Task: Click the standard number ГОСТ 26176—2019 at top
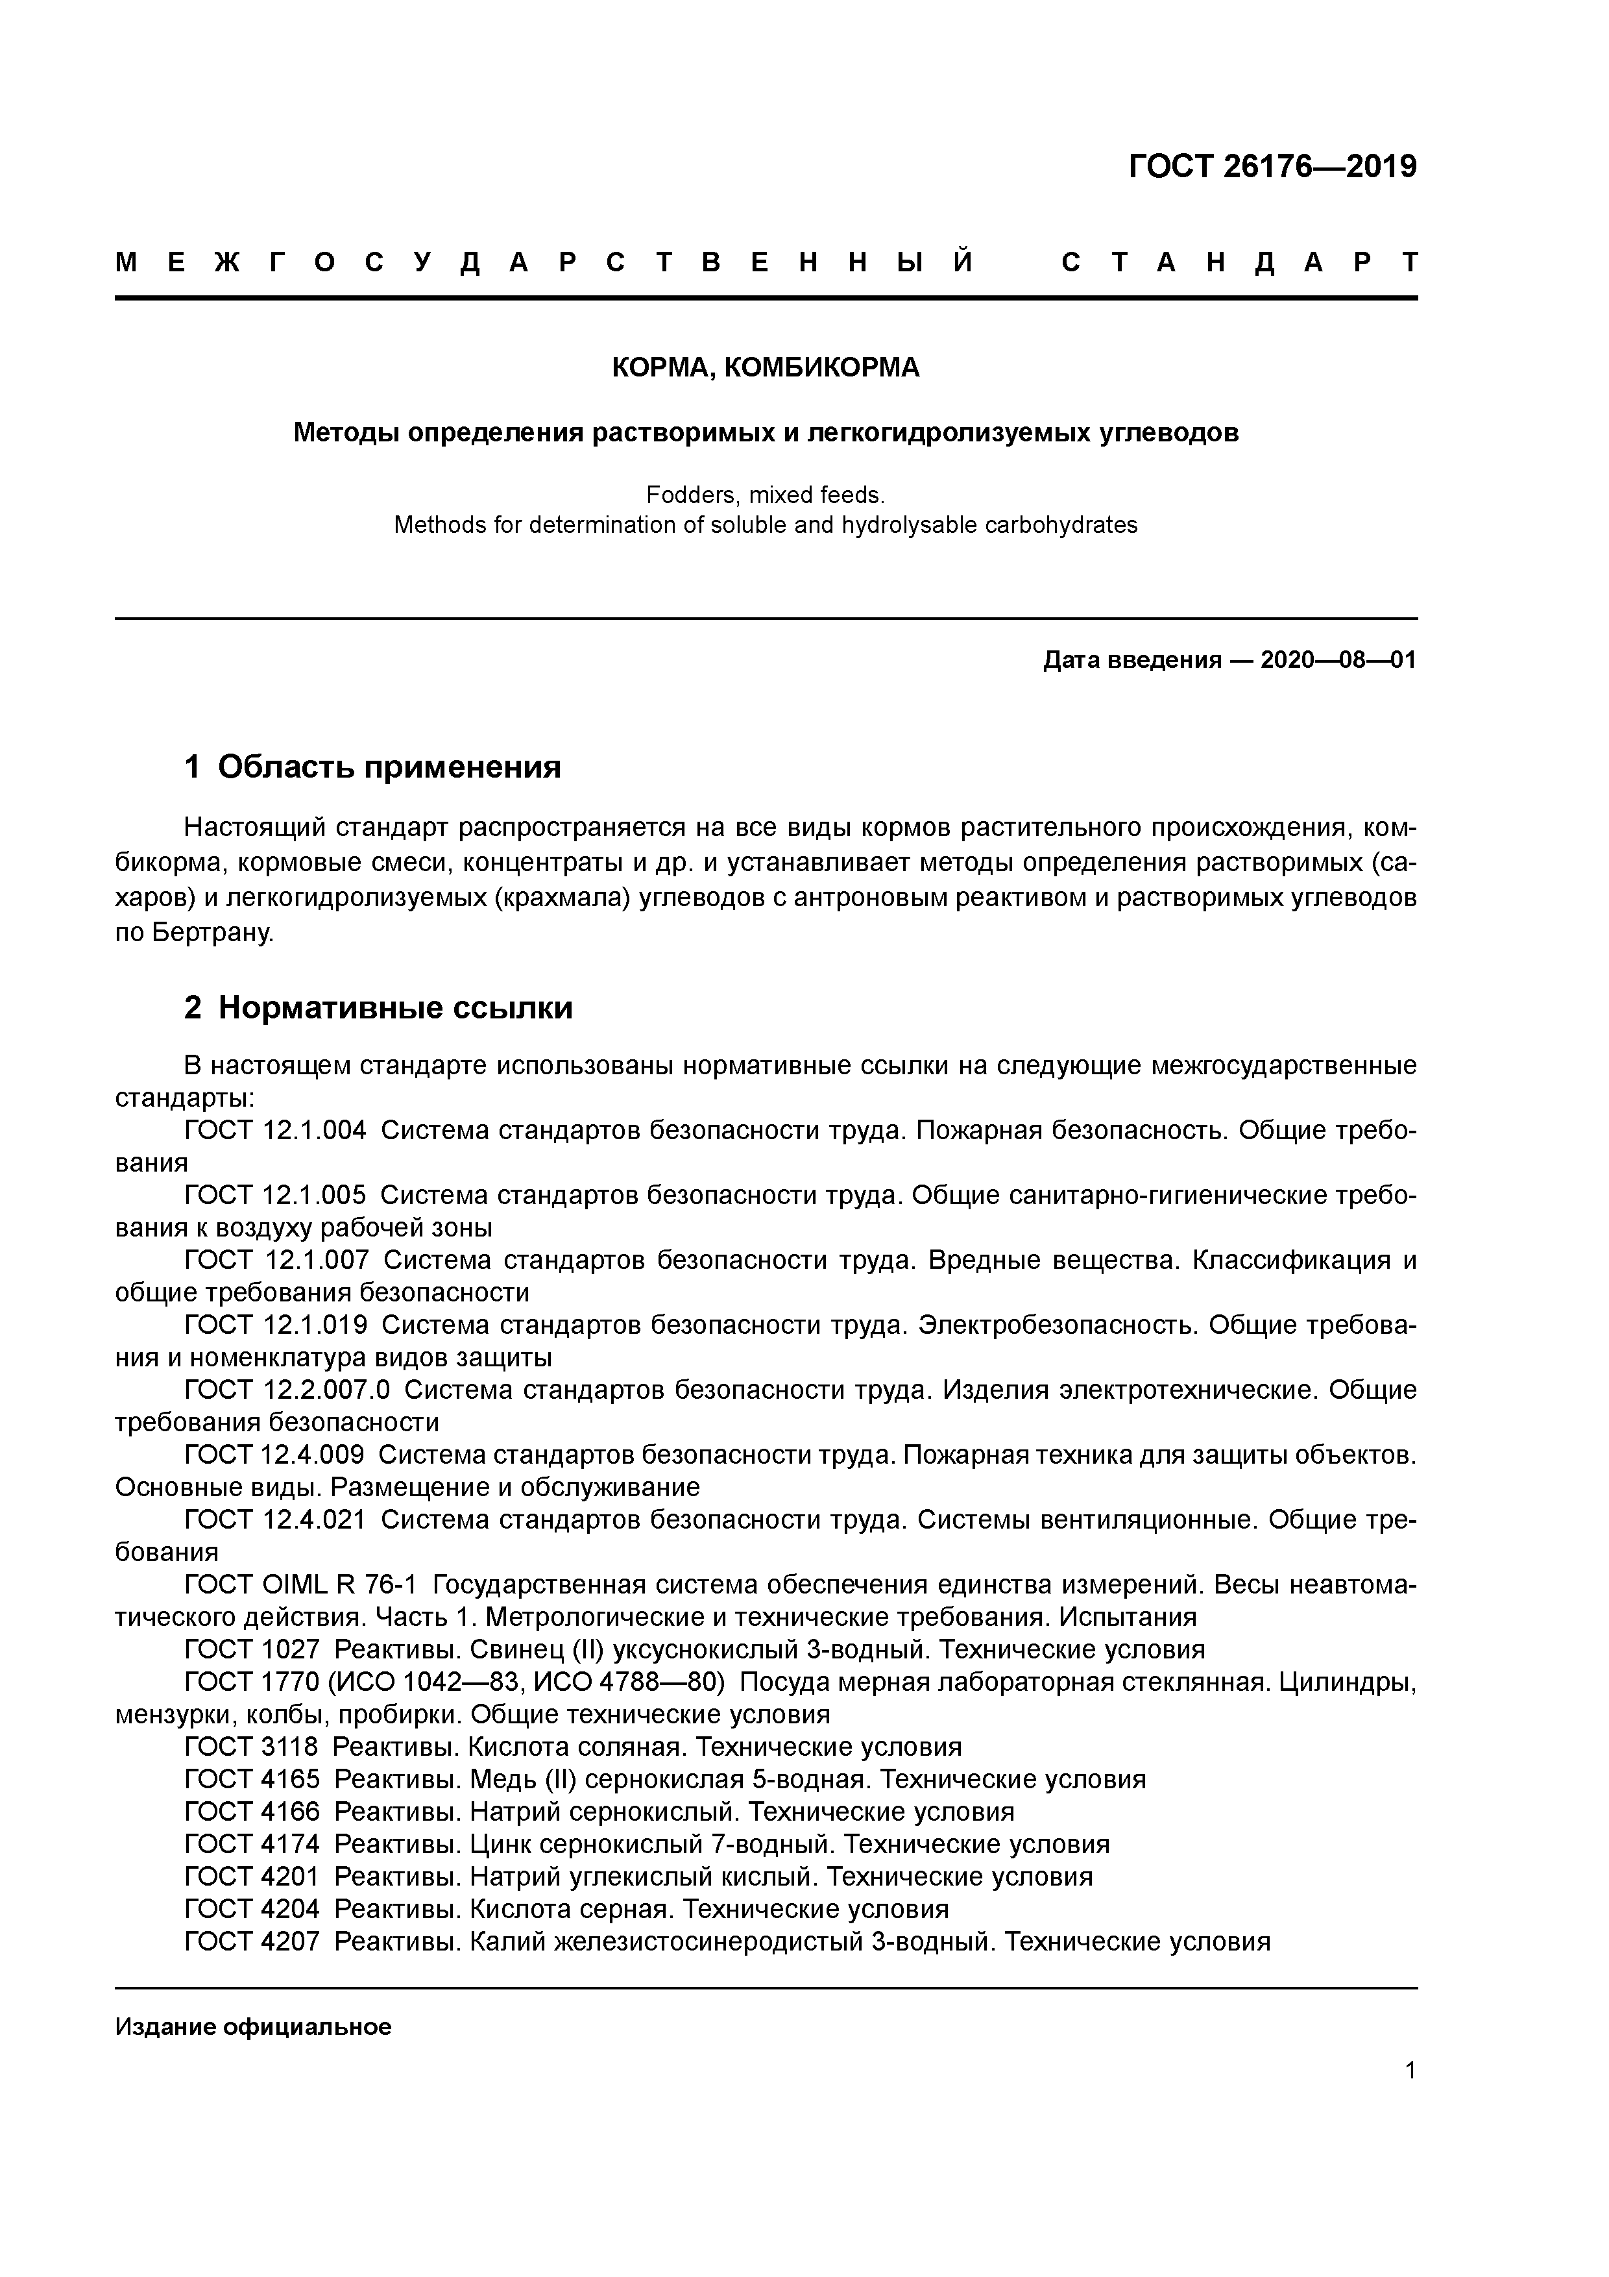[x=1273, y=167]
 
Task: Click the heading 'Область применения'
[x=389, y=767]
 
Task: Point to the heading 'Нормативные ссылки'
[x=394, y=1007]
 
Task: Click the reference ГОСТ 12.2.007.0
[x=287, y=1390]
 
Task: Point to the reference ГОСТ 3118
[x=252, y=1747]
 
